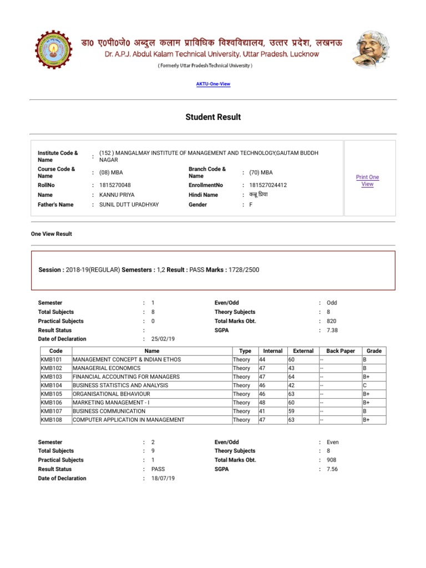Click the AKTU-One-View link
point(213,84)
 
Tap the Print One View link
point(367,180)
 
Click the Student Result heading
point(213,117)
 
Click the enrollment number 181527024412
point(268,185)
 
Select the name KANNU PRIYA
point(116,195)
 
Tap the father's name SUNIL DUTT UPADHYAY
point(129,205)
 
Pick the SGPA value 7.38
point(332,330)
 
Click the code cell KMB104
point(52,385)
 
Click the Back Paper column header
point(341,351)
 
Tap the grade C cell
point(365,385)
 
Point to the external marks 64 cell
point(291,377)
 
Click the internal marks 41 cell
point(262,411)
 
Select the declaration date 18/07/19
point(163,478)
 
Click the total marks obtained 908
point(332,460)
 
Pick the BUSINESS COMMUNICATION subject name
point(109,411)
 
